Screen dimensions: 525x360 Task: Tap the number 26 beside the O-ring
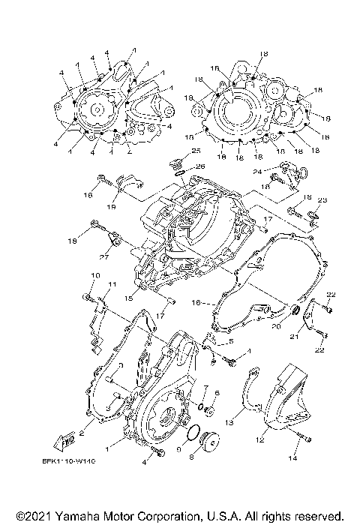[x=200, y=166]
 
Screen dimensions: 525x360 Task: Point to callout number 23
[x=322, y=200]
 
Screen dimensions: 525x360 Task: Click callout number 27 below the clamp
[x=103, y=256]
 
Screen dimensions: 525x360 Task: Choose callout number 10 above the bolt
[x=95, y=276]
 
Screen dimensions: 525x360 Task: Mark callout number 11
[x=112, y=284]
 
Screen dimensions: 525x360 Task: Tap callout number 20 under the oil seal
[x=277, y=327]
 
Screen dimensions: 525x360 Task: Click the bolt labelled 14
[x=305, y=437]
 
